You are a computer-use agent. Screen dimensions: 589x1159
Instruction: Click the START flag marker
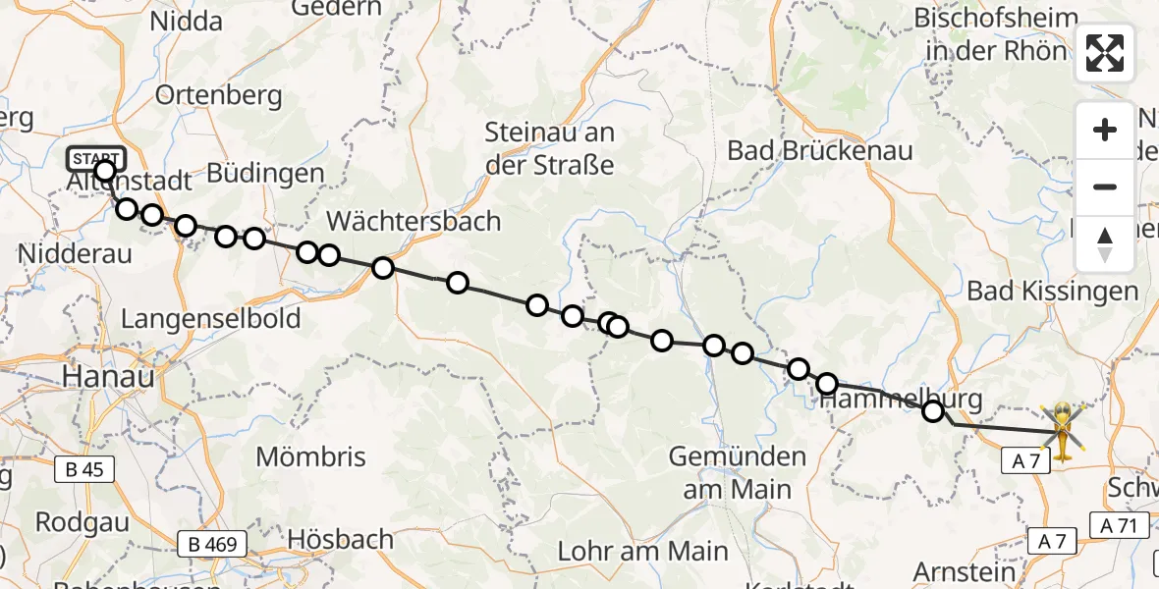[96, 158]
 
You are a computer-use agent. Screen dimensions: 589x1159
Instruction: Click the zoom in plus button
[1105, 130]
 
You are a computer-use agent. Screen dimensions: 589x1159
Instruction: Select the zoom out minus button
[1105, 187]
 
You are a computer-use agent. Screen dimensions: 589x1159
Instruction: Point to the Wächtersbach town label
[414, 220]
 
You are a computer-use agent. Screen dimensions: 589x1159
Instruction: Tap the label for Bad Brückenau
[820, 150]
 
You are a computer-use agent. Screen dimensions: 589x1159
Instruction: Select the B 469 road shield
[213, 543]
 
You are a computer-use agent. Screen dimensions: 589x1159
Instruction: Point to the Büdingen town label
[265, 174]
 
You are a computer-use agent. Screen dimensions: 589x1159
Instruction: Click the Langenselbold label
[210, 319]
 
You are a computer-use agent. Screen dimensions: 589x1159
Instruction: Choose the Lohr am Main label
[642, 551]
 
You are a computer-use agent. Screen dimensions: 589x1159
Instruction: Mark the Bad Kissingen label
[1052, 291]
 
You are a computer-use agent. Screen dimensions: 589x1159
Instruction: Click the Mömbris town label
[310, 456]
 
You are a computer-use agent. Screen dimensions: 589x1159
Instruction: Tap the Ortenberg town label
[218, 96]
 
